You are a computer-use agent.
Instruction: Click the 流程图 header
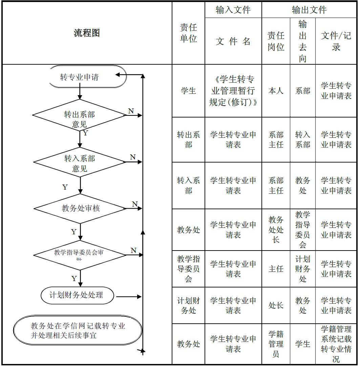[x=87, y=33]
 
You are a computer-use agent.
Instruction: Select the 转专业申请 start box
[x=80, y=77]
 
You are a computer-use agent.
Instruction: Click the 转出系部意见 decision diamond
[x=80, y=115]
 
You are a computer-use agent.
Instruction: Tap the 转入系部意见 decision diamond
[x=80, y=162]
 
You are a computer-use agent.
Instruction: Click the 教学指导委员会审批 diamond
[x=79, y=255]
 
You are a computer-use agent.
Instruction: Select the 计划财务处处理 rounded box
[x=77, y=295]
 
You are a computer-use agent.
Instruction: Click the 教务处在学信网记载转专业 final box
[x=78, y=330]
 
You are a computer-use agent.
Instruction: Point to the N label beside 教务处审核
[x=135, y=204]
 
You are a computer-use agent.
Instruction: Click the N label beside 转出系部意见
[x=131, y=111]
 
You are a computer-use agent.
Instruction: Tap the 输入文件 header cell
[x=233, y=10]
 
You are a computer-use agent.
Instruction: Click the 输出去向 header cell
[x=302, y=41]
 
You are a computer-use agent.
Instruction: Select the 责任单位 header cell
[x=188, y=33]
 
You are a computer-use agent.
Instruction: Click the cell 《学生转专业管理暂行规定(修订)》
[x=233, y=91]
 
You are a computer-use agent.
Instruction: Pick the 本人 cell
[x=276, y=91]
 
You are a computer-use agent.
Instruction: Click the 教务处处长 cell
[x=276, y=230]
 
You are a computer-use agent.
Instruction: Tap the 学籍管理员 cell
[x=276, y=344]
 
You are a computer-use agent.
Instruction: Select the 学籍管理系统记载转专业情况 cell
[x=336, y=344]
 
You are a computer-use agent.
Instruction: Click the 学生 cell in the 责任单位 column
[x=188, y=91]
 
